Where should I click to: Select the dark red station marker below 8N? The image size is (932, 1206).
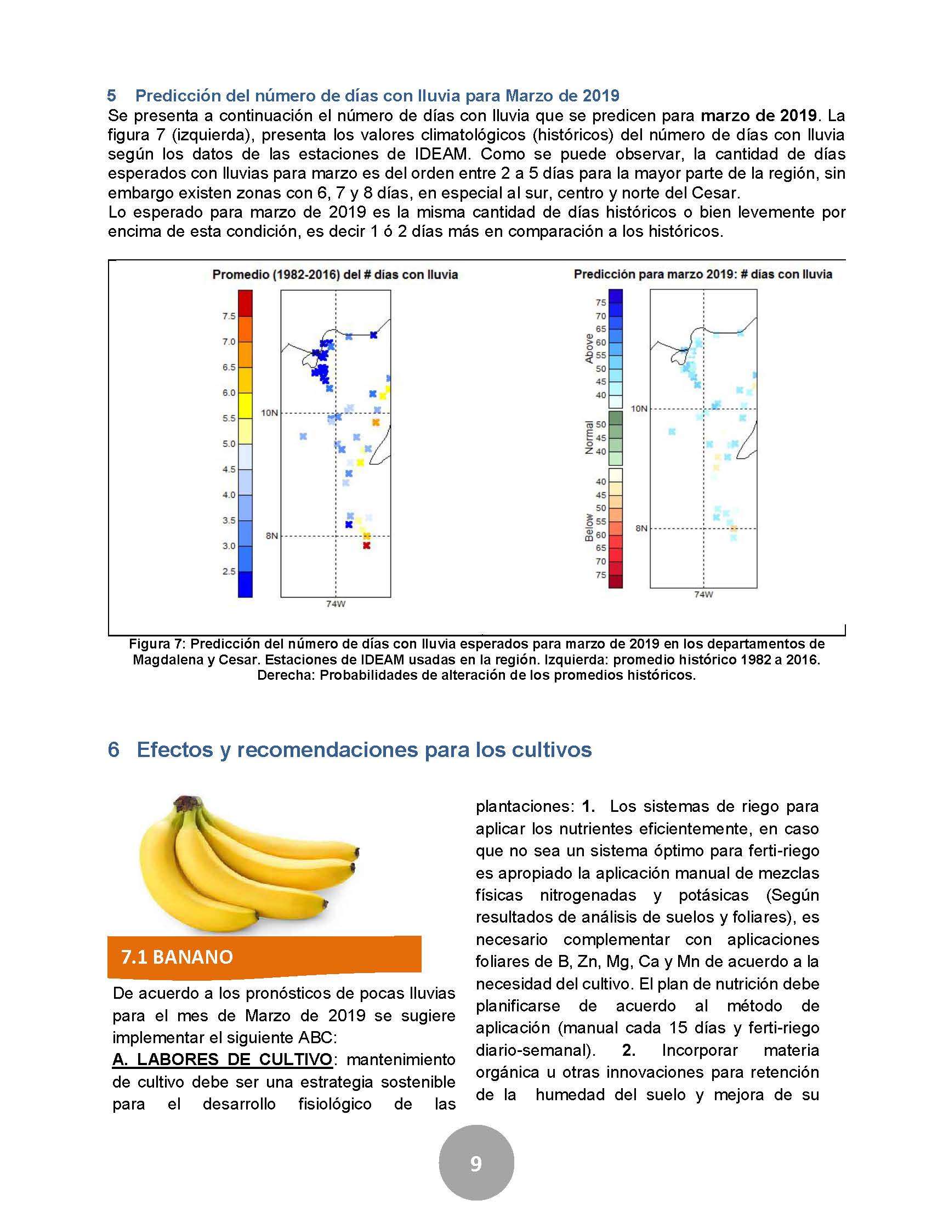click(x=366, y=545)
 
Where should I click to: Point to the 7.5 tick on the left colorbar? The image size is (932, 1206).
click(x=229, y=316)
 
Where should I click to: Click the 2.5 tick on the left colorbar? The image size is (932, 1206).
click(x=229, y=572)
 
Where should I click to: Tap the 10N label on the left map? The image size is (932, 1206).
click(x=269, y=413)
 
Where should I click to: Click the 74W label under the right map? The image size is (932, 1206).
click(x=703, y=595)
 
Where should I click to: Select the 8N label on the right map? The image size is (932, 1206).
click(x=641, y=528)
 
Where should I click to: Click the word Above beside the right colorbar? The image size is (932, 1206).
click(x=589, y=348)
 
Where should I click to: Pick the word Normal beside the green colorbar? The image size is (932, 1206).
click(x=589, y=437)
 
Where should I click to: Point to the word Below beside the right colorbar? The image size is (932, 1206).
click(x=589, y=527)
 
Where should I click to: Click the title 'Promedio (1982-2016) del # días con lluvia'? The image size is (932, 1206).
click(x=335, y=275)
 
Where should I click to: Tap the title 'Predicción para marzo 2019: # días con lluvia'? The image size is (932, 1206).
click(x=703, y=275)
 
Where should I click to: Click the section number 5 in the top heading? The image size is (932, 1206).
click(x=111, y=96)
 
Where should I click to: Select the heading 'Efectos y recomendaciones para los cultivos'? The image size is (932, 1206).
click(x=364, y=749)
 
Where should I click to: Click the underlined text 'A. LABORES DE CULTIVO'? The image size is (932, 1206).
click(x=223, y=1060)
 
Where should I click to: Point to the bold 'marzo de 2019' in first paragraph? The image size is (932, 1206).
click(x=759, y=116)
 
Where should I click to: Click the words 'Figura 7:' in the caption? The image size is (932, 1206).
click(x=157, y=644)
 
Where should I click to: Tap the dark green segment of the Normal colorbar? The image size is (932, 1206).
click(x=615, y=418)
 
